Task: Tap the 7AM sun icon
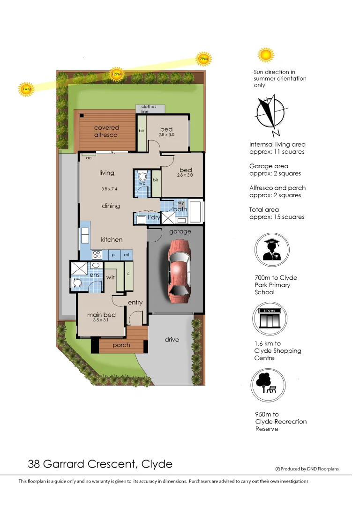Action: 26,89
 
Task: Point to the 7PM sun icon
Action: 203,59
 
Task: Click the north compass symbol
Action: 270,114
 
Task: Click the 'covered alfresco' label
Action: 107,131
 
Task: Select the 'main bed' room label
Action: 101,315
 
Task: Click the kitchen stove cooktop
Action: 97,255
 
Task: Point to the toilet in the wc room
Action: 142,177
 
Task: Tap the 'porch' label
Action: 121,345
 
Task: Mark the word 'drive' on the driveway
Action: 172,339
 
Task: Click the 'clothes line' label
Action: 149,109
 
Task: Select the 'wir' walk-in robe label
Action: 110,277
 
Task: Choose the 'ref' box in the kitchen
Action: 127,255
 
